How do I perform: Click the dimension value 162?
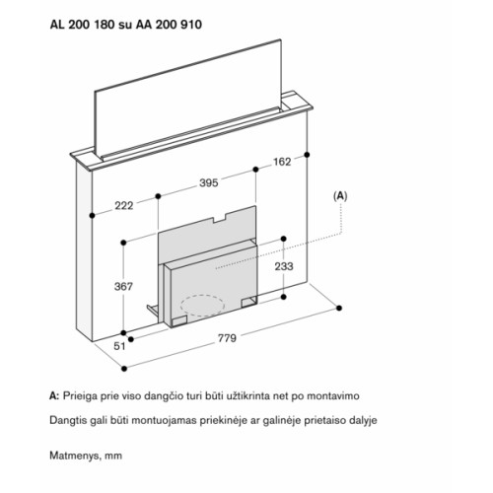click(x=282, y=162)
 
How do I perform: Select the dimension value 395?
click(x=209, y=182)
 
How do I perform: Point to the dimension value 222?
click(x=124, y=206)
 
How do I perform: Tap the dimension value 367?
click(x=123, y=287)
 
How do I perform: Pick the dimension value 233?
click(x=284, y=266)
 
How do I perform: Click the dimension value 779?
click(x=227, y=338)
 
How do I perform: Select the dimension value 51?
click(x=119, y=346)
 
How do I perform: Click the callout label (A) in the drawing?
click(x=340, y=196)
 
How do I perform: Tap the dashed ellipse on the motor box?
click(x=202, y=306)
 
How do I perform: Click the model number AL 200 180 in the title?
click(x=83, y=25)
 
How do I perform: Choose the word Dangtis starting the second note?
click(x=66, y=420)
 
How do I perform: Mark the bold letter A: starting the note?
click(x=54, y=396)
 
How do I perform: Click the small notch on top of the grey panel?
click(x=220, y=218)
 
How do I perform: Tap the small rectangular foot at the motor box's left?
click(x=179, y=321)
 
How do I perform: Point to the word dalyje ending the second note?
click(x=362, y=420)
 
